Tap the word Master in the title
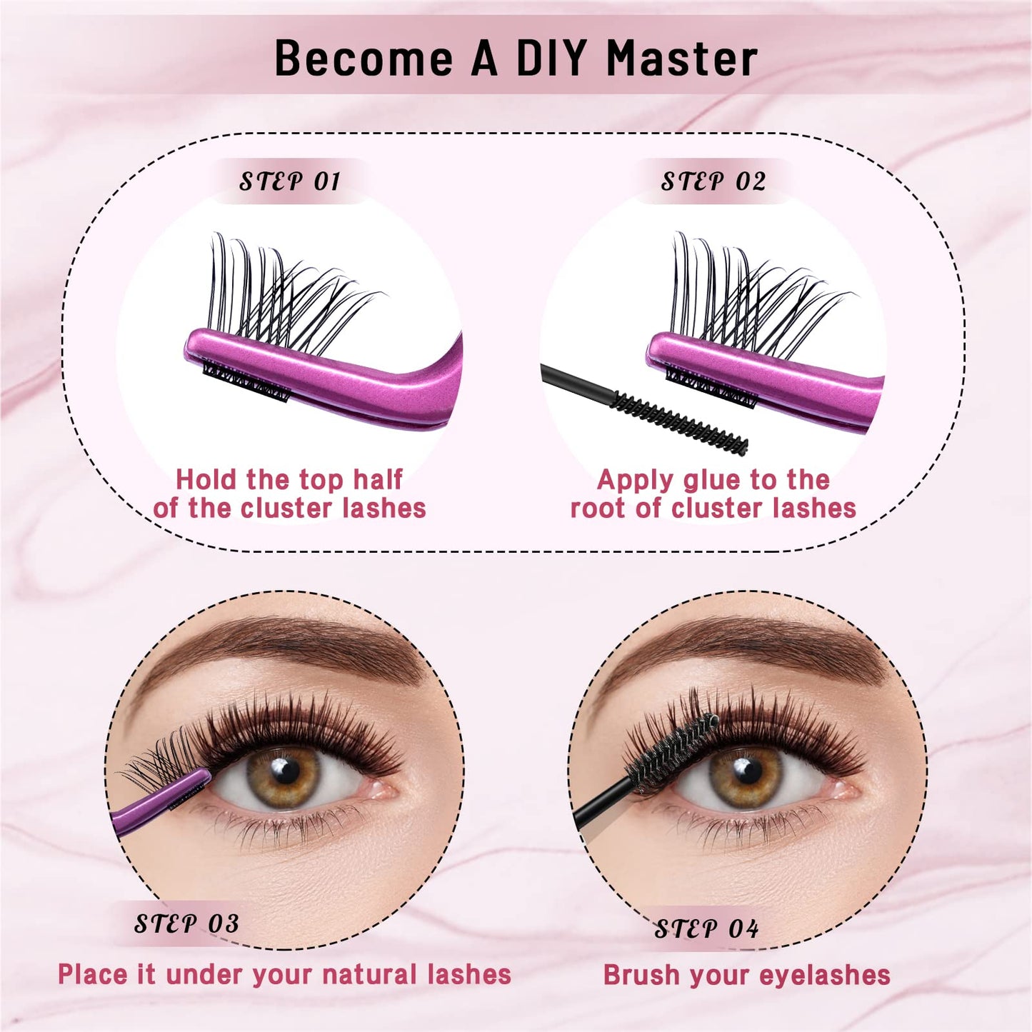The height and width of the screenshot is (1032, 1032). (682, 58)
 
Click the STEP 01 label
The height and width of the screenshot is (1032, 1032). (289, 181)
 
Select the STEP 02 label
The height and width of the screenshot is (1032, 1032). (713, 181)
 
